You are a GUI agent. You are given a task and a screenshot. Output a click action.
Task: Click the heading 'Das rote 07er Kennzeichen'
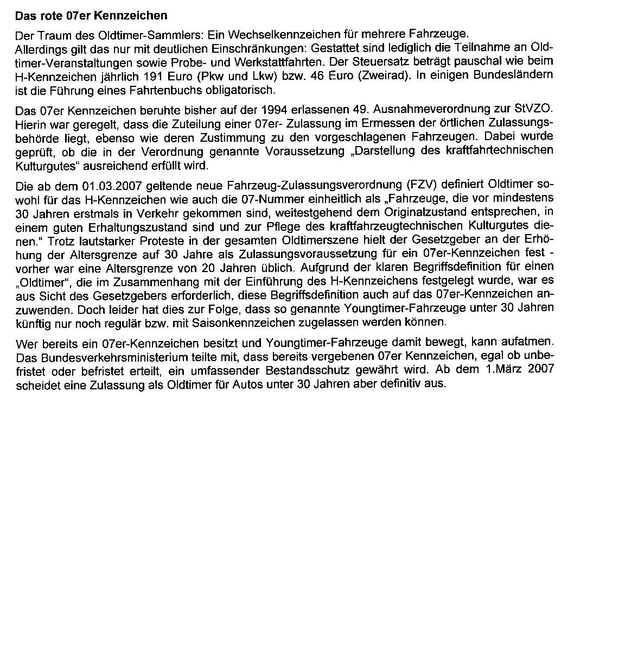(x=91, y=16)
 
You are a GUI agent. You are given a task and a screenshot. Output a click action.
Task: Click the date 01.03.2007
(x=105, y=186)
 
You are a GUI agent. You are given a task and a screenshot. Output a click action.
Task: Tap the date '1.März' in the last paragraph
(x=500, y=370)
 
